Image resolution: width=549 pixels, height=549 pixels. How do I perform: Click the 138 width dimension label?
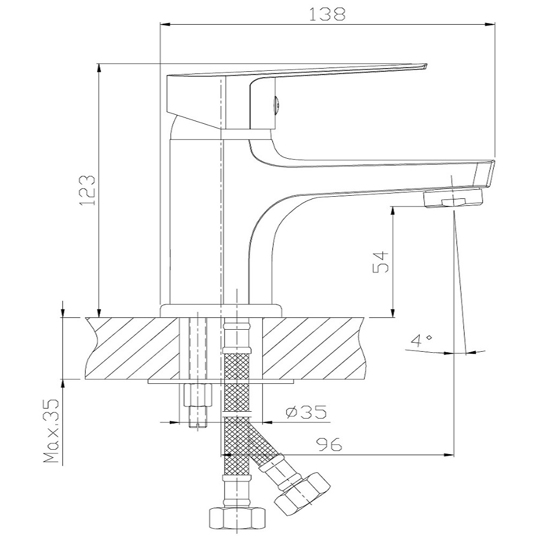pos(327,14)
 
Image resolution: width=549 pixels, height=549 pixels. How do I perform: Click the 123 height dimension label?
pos(87,191)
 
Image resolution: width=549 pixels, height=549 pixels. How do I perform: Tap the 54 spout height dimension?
pos(381,262)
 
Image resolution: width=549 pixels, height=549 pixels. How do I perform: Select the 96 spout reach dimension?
pos(329,444)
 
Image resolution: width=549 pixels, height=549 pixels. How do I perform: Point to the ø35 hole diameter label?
pos(306,412)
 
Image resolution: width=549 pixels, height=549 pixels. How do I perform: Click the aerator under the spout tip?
pos(452,198)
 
